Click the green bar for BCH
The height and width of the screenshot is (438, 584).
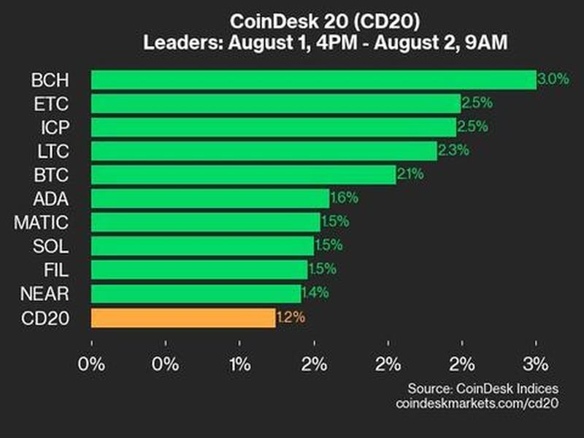[314, 80]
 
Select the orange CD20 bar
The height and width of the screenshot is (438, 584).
[183, 318]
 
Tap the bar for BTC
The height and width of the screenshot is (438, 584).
[243, 174]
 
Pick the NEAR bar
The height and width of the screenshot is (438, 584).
[196, 293]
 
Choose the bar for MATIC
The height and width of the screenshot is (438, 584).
[205, 222]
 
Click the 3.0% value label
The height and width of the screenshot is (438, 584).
[553, 80]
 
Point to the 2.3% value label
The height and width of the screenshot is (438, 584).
[453, 151]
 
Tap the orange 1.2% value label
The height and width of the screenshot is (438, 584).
[291, 318]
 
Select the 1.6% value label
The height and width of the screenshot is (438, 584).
[344, 199]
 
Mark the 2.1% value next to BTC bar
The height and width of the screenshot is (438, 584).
[410, 174]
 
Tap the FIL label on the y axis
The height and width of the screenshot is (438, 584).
[59, 270]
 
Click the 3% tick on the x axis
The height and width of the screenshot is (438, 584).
[536, 364]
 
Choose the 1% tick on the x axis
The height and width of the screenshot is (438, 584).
[240, 364]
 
